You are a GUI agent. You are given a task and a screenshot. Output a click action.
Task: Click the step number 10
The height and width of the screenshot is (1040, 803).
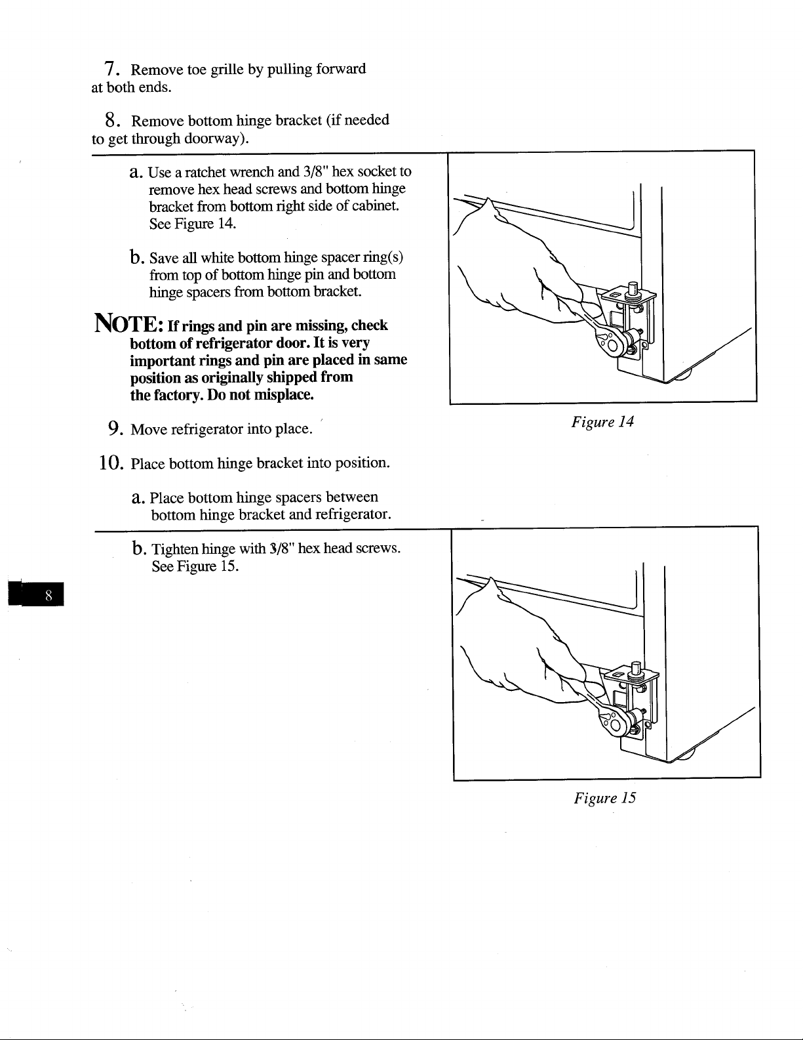click(111, 463)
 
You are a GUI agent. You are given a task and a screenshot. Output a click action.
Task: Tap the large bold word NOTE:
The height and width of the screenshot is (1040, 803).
click(130, 323)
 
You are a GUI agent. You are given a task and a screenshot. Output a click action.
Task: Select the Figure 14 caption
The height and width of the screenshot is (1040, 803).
click(602, 422)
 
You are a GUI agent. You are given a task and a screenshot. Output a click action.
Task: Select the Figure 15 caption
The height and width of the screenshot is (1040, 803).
click(605, 798)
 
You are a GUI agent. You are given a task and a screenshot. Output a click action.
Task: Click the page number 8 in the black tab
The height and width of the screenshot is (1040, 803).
click(49, 595)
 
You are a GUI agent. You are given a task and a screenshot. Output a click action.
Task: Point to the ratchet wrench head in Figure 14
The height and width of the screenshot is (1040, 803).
click(612, 341)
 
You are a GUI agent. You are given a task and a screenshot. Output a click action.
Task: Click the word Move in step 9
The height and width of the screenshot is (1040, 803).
click(149, 429)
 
